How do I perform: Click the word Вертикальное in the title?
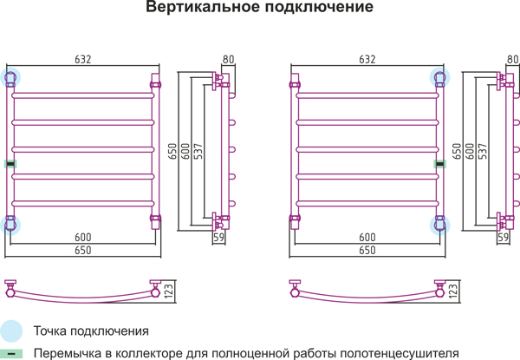tap(203, 7)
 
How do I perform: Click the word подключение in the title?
tap(319, 7)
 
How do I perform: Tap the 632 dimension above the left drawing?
tap(83, 59)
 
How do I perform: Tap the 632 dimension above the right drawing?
tap(367, 59)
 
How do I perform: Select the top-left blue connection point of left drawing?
tap(10, 78)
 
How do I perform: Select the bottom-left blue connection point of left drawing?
tap(10, 225)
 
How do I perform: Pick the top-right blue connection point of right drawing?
tap(439, 78)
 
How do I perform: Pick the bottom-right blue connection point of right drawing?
tap(439, 225)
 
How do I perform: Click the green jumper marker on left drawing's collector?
tap(10, 164)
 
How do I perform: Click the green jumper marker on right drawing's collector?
tap(440, 164)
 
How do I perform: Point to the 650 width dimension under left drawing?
tap(83, 250)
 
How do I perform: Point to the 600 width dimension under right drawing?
tap(367, 237)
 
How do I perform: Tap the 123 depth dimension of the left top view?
tap(168, 291)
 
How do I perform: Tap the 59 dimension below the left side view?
tap(219, 237)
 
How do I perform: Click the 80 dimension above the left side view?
tap(229, 59)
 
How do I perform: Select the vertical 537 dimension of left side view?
tap(198, 151)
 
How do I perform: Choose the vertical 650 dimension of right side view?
tap(457, 151)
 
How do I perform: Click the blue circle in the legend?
tap(11, 331)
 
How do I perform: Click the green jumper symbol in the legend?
tap(11, 354)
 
